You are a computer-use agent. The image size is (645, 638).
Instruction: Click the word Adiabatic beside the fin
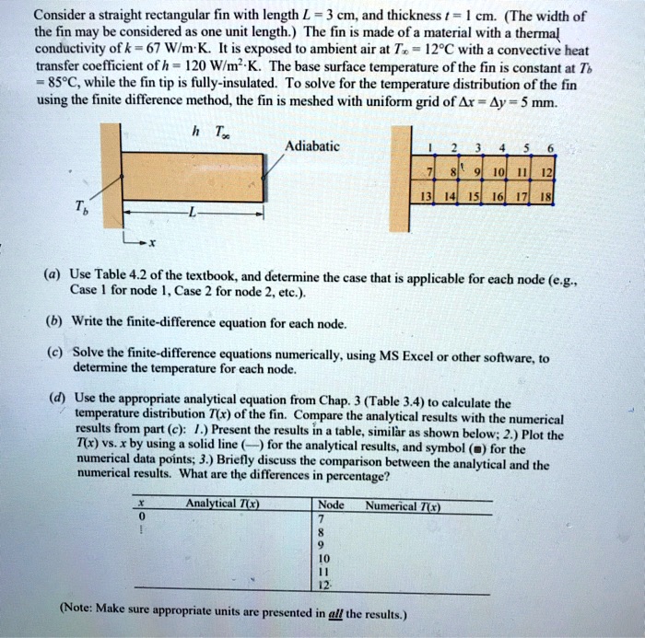(312, 146)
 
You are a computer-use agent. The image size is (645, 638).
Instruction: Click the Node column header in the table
(330, 505)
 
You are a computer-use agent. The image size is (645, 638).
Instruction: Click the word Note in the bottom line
(82, 609)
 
